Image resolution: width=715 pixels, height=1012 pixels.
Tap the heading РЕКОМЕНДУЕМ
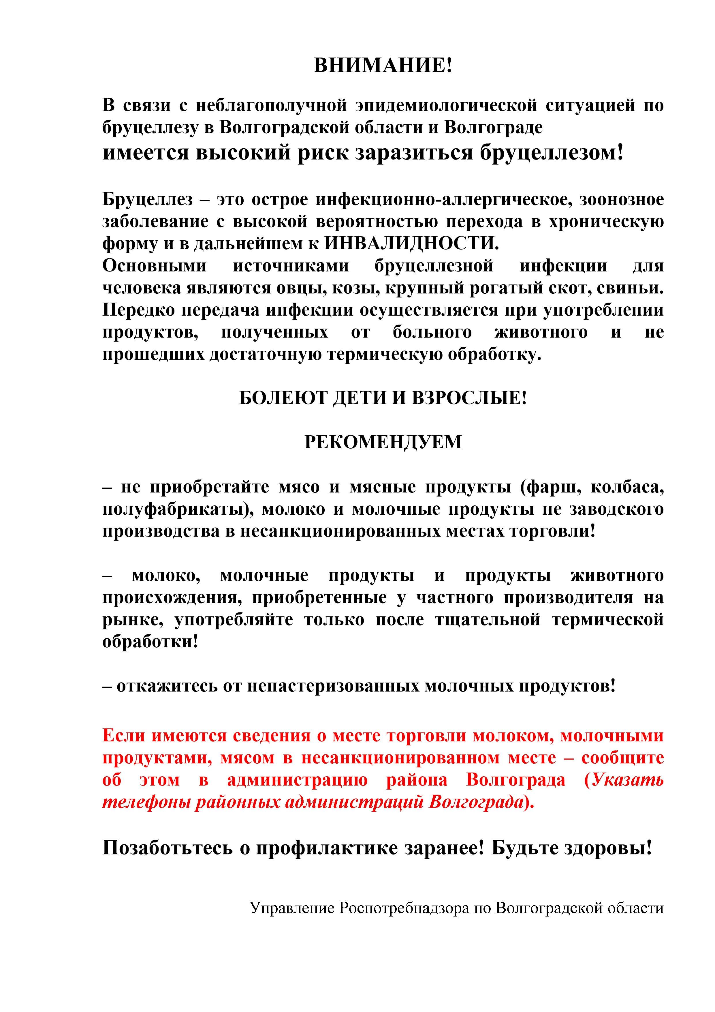383,442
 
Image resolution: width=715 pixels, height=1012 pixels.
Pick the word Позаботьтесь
168,848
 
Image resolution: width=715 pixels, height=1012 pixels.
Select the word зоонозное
622,200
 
